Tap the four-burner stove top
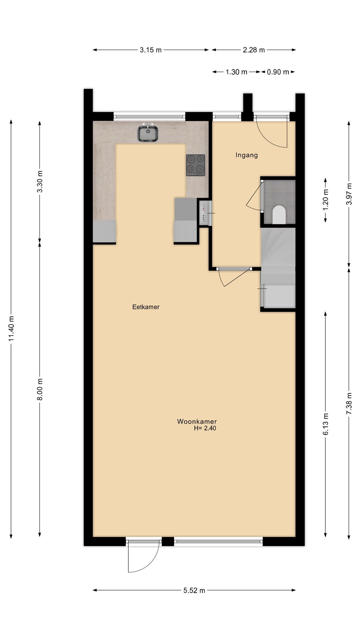coord(195,165)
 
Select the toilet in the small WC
coord(279,215)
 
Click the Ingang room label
coord(247,155)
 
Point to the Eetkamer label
coord(146,307)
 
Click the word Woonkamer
coord(197,421)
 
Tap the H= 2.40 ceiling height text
coord(205,428)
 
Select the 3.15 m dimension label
coord(151,50)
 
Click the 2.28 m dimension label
coord(254,50)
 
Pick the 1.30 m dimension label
coord(236,72)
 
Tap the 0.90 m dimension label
coord(278,72)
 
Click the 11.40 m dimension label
coord(11,328)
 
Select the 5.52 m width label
coord(194,590)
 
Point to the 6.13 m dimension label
coord(326,424)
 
